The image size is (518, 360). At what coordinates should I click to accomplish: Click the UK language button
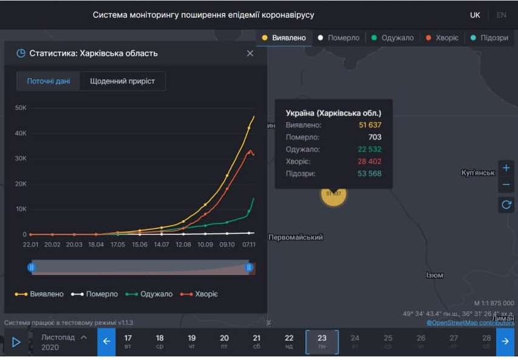click(475, 15)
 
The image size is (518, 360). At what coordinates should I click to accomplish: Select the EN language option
click(501, 15)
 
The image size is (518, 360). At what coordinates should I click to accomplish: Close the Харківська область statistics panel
click(250, 53)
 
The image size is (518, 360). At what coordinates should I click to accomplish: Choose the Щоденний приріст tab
click(122, 81)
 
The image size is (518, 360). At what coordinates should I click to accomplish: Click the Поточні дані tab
click(49, 81)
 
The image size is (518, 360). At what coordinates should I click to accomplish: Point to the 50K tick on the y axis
click(21, 108)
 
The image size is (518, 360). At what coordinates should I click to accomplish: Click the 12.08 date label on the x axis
click(183, 244)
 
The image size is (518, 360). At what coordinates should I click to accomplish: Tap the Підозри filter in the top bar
click(490, 38)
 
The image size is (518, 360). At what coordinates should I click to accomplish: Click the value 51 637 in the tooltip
click(370, 125)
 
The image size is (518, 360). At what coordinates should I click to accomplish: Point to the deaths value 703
click(375, 137)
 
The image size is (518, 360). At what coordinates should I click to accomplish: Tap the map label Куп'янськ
click(478, 173)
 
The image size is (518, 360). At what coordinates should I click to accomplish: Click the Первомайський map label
click(296, 237)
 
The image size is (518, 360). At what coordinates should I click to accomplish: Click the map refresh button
click(506, 205)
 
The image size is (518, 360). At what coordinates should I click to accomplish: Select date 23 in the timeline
click(322, 342)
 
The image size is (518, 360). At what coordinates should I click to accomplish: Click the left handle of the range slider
click(32, 267)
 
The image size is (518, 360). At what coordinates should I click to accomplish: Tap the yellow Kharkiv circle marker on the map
click(333, 194)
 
